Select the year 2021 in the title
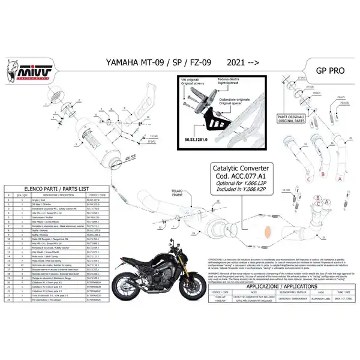click(x=238, y=62)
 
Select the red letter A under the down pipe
click(x=339, y=178)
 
